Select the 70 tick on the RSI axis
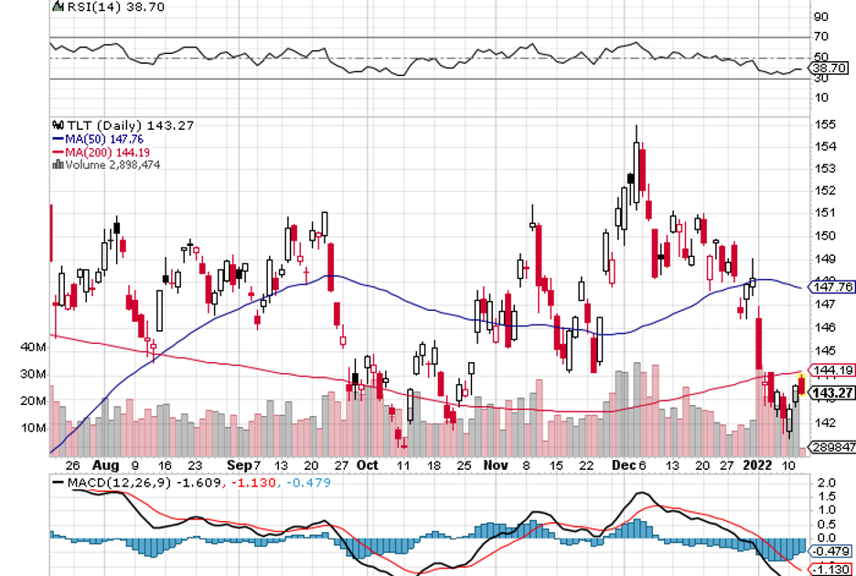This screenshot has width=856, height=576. [821, 37]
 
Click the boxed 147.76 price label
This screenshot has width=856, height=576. [833, 286]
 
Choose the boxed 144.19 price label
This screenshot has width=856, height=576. [833, 370]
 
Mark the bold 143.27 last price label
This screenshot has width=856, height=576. [833, 393]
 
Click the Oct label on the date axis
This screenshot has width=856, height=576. [368, 464]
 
